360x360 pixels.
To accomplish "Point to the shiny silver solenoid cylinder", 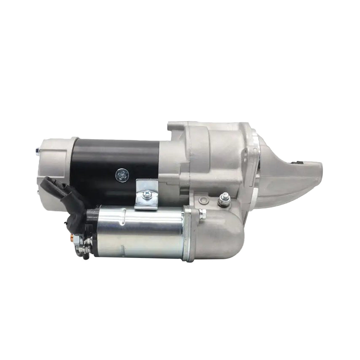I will tap(138, 231).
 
